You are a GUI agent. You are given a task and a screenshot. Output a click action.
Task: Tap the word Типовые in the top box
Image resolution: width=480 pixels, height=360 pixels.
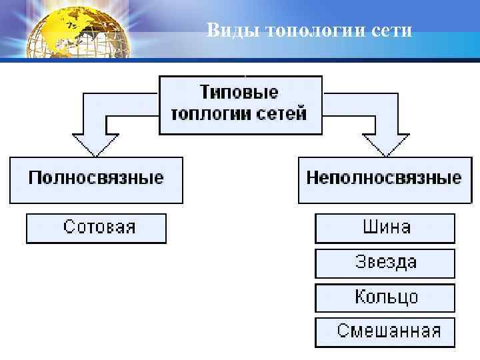(x=239, y=92)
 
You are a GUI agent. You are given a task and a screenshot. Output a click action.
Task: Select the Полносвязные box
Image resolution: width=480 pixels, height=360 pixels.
(x=95, y=179)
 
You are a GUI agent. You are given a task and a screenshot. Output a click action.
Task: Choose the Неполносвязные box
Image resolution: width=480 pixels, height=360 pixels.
(x=383, y=179)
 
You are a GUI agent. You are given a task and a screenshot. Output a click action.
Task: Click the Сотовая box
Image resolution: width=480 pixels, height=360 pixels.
(x=96, y=228)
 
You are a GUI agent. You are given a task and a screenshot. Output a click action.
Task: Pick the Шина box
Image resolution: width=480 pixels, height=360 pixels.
(x=385, y=228)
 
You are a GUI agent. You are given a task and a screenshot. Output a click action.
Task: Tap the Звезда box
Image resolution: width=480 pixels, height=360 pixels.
(x=385, y=263)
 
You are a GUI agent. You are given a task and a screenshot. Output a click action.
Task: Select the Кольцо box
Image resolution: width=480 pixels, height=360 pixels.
(x=385, y=297)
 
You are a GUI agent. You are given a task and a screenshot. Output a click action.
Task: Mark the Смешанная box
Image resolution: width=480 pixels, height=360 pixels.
(x=385, y=331)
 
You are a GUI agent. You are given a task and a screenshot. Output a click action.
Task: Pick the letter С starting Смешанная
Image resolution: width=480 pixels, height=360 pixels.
(x=343, y=331)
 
